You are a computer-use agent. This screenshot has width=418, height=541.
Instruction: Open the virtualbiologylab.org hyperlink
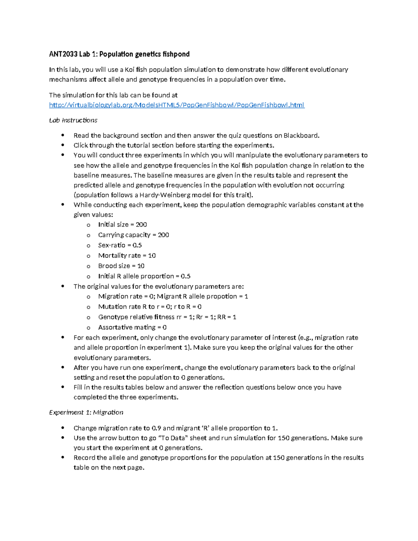[x=177, y=105]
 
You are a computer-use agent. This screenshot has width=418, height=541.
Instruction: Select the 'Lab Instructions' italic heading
[x=73, y=120]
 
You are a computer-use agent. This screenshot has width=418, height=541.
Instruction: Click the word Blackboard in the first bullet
[x=301, y=136]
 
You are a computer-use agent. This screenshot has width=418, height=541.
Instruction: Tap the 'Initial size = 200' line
[x=122, y=225]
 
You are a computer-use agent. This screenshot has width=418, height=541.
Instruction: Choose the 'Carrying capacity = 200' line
[x=133, y=235]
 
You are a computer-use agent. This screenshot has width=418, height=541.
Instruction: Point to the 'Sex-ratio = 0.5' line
[x=120, y=245]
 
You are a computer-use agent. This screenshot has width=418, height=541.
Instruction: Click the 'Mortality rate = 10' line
[x=127, y=256]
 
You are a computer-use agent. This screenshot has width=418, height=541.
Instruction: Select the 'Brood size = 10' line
[x=121, y=266]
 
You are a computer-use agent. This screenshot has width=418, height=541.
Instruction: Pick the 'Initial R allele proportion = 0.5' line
[x=144, y=276]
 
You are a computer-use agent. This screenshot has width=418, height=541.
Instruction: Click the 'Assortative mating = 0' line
[x=132, y=327]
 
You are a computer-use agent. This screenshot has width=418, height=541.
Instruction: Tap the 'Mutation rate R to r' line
[x=150, y=307]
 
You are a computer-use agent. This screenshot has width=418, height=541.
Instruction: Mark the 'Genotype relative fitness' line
[x=167, y=317]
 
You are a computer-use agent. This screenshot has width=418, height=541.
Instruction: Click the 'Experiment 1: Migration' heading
[x=86, y=412]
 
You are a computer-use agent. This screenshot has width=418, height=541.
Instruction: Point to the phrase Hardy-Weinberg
[x=165, y=195]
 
